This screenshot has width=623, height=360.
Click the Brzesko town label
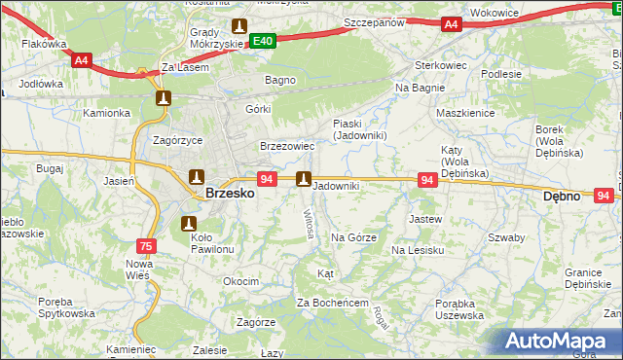[x=231, y=194]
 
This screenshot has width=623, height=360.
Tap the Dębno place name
[x=561, y=196]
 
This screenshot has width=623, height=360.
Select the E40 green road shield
[x=262, y=41]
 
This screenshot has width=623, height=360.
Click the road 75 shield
[x=146, y=246]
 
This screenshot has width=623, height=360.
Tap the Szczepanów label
[x=374, y=21]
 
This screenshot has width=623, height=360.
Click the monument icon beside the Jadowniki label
[x=304, y=179]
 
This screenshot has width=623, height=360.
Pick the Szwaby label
[x=506, y=237]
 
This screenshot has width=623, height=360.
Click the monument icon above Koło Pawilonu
[x=189, y=225]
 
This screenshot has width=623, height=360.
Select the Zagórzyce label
[x=178, y=139]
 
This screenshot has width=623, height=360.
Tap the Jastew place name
[x=425, y=219]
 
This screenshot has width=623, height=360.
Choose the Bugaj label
[x=49, y=168]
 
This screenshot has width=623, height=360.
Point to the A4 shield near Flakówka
[x=82, y=60]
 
